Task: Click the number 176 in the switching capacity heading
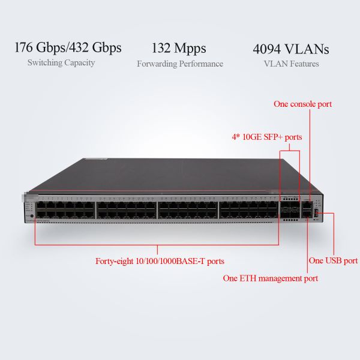pos(23,47)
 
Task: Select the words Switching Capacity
pos(61,62)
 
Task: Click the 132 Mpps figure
pos(179,49)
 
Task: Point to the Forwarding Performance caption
pos(180,64)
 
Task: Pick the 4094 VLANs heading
pos(291,49)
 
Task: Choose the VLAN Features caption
pos(292,64)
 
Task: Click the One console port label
pos(302,104)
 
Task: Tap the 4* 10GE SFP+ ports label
pos(267,137)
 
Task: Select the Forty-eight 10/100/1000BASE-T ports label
pos(160,261)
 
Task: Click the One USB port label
pos(333,260)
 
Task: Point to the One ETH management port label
pos(271,278)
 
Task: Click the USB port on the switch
pos(316,213)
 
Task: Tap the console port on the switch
pos(307,205)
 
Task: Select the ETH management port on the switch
pos(307,214)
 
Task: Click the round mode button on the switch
pos(32,216)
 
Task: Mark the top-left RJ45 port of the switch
pos(41,205)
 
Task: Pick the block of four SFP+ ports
pos(290,209)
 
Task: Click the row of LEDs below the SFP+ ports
pos(290,220)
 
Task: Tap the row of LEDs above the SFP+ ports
pos(290,198)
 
